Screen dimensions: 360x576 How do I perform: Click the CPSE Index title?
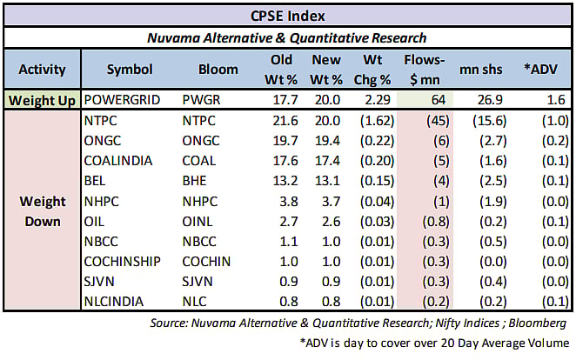(287, 15)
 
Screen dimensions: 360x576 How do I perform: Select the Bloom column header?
(218, 69)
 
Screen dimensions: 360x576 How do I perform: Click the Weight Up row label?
(42, 99)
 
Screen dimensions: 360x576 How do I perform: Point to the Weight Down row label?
(42, 211)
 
